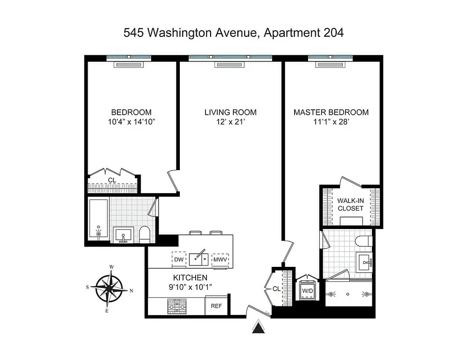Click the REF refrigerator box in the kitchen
(x=216, y=306)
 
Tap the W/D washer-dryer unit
(x=308, y=290)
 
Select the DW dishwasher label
(x=179, y=260)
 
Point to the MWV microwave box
(x=220, y=260)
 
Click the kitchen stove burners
(x=177, y=307)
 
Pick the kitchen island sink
(x=198, y=258)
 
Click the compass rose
(x=110, y=288)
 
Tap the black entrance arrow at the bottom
(x=258, y=327)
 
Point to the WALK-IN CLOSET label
(x=350, y=204)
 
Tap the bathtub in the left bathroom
(x=98, y=220)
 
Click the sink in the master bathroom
(x=363, y=260)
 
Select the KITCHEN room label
(x=190, y=278)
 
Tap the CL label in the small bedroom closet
(x=112, y=180)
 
